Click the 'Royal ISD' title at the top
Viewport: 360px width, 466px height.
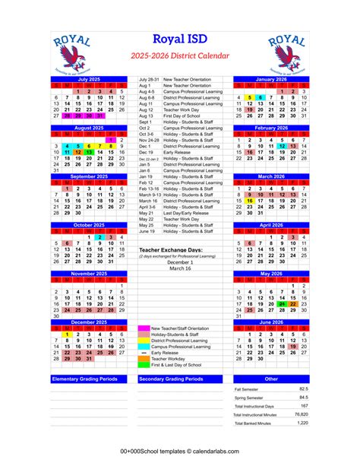pyautogui.click(x=179, y=40)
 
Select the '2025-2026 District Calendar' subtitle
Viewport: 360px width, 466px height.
pyautogui.click(x=179, y=56)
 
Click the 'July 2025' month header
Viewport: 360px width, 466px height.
pyautogui.click(x=90, y=79)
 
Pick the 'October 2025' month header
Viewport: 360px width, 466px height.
pyautogui.click(x=90, y=225)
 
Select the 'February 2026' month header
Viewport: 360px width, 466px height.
pyautogui.click(x=270, y=128)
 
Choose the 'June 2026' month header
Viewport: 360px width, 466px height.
pyautogui.click(x=270, y=322)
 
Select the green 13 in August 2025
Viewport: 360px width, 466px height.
pyautogui.click(x=89, y=152)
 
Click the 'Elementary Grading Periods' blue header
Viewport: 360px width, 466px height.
pyautogui.click(x=89, y=378)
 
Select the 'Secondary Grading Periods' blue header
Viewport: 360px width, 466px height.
pyautogui.click(x=180, y=378)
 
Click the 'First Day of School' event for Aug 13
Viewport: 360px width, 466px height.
pyautogui.click(x=187, y=116)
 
